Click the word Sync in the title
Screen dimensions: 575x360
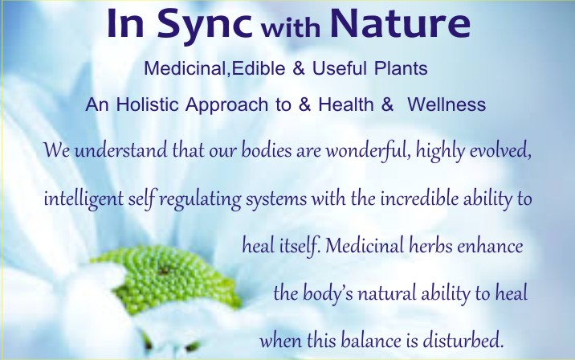(x=205, y=25)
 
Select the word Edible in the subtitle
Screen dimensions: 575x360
(x=259, y=68)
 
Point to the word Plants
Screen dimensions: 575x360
(x=401, y=68)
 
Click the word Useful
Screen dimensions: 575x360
(x=339, y=68)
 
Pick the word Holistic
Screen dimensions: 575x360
(x=148, y=104)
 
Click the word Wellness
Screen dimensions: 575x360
(x=447, y=104)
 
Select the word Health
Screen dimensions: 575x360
(x=346, y=104)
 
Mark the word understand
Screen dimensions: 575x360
(x=120, y=150)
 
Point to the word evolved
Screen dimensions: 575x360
(x=500, y=151)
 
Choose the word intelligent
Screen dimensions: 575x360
(x=84, y=200)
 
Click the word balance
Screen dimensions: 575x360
(x=371, y=341)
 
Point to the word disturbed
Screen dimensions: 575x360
(x=463, y=341)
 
